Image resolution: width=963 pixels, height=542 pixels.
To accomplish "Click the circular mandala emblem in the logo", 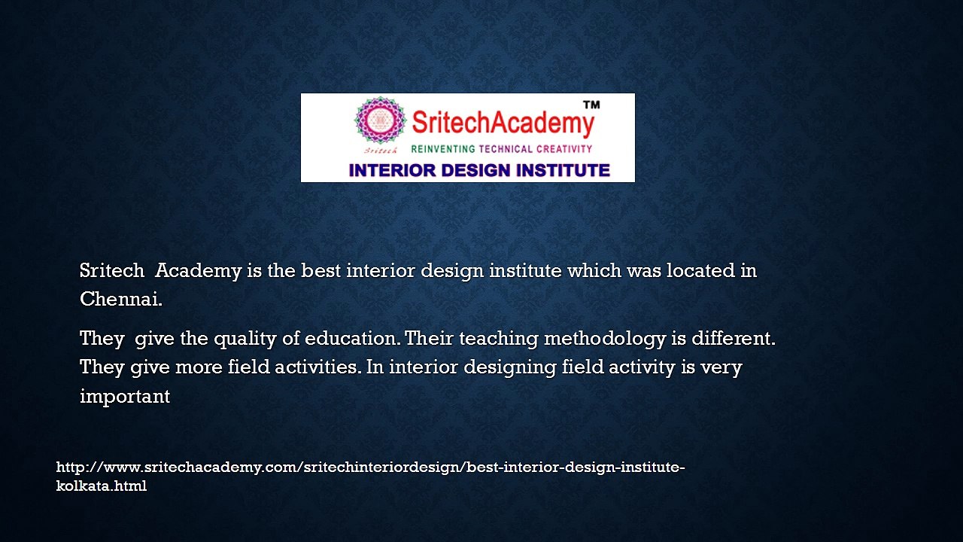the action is point(380,120).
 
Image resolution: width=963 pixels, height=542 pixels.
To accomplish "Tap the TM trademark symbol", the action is point(591,105).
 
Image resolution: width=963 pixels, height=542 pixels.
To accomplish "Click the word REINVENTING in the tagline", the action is point(443,149).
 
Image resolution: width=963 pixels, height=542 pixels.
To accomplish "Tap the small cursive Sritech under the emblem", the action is point(381,151).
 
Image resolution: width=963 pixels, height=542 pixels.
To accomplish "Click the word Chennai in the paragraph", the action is point(121,299).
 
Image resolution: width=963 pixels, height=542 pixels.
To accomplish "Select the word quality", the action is point(245,340).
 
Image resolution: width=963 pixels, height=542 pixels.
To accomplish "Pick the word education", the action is point(351,338).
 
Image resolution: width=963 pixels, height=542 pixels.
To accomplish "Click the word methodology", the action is point(605,340).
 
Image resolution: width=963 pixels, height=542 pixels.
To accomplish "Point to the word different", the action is point(734,338).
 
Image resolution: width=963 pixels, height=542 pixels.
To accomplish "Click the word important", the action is point(125,397).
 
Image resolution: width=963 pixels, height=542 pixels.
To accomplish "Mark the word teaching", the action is point(499,340).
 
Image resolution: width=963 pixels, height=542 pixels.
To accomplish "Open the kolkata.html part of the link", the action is point(102,486).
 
